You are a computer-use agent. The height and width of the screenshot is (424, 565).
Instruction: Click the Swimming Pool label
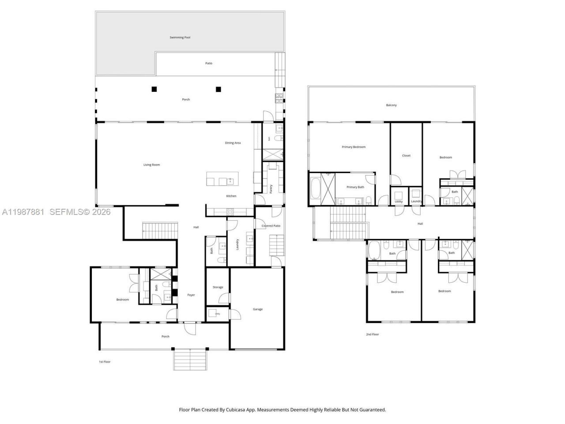pyautogui.click(x=180, y=38)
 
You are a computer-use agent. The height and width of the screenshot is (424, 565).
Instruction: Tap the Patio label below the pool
pyautogui.click(x=209, y=63)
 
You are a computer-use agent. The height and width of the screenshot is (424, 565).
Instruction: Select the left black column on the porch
pyautogui.click(x=154, y=89)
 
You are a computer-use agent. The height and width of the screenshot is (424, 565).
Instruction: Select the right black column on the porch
pyautogui.click(x=218, y=89)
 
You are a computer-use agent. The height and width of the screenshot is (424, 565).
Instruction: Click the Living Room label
pyautogui.click(x=151, y=165)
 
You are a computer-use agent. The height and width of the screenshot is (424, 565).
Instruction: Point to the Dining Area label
pyautogui.click(x=233, y=143)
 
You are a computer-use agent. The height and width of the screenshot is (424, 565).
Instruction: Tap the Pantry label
pyautogui.click(x=271, y=189)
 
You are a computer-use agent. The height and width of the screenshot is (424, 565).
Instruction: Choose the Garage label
pyautogui.click(x=258, y=309)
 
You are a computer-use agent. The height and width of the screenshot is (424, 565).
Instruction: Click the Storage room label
pyautogui.click(x=218, y=287)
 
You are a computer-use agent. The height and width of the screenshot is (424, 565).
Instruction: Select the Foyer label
pyautogui.click(x=191, y=295)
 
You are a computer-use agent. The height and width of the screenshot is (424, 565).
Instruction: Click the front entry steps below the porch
pyautogui.click(x=190, y=359)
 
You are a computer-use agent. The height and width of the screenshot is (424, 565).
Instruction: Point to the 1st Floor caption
pyautogui.click(x=105, y=362)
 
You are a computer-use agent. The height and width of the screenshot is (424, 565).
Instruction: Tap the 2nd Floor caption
pyautogui.click(x=372, y=334)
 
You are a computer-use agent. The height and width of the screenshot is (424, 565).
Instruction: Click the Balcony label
pyautogui.click(x=391, y=105)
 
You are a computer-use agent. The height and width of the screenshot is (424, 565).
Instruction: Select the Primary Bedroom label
pyautogui.click(x=354, y=147)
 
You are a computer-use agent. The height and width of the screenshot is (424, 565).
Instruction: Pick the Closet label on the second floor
pyautogui.click(x=406, y=155)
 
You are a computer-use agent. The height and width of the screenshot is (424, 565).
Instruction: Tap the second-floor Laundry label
pyautogui.click(x=416, y=201)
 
